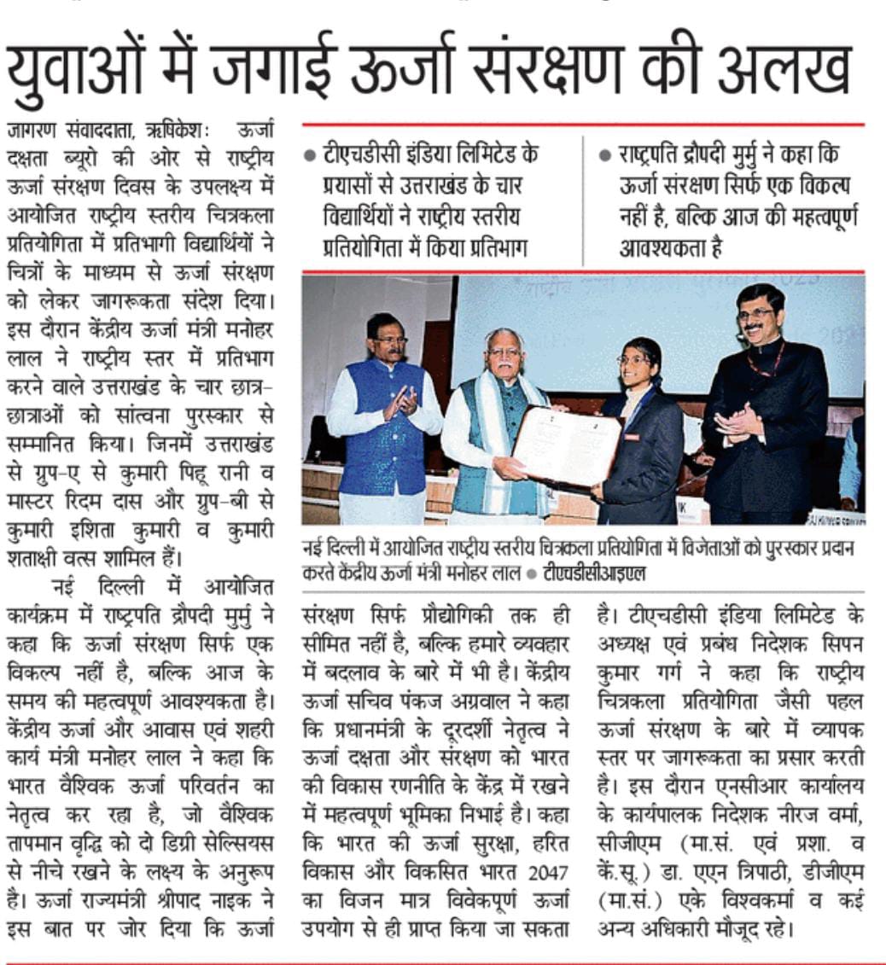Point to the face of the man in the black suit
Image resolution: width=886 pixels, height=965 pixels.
[760, 313]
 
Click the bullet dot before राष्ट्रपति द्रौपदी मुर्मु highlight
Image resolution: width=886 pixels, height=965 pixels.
[605, 157]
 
